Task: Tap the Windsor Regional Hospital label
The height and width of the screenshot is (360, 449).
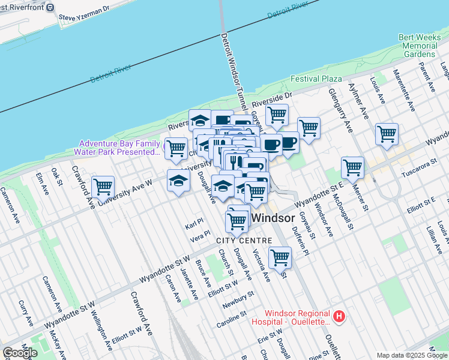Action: (298, 317)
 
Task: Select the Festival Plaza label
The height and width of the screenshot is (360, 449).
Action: (316, 79)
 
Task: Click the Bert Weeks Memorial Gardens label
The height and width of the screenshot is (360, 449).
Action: (420, 46)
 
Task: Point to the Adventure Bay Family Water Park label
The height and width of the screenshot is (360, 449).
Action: (120, 148)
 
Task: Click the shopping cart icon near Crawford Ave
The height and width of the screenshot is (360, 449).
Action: (103, 187)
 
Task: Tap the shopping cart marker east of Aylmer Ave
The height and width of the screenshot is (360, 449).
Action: (387, 134)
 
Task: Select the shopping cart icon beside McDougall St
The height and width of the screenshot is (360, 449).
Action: (352, 167)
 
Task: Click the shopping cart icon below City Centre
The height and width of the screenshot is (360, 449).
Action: (280, 257)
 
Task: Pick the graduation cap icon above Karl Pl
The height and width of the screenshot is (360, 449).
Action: (178, 181)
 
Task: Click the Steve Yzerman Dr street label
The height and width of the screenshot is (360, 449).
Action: (85, 13)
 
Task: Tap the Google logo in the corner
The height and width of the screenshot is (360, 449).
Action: (20, 353)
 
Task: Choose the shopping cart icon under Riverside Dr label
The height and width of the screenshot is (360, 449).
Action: (277, 114)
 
